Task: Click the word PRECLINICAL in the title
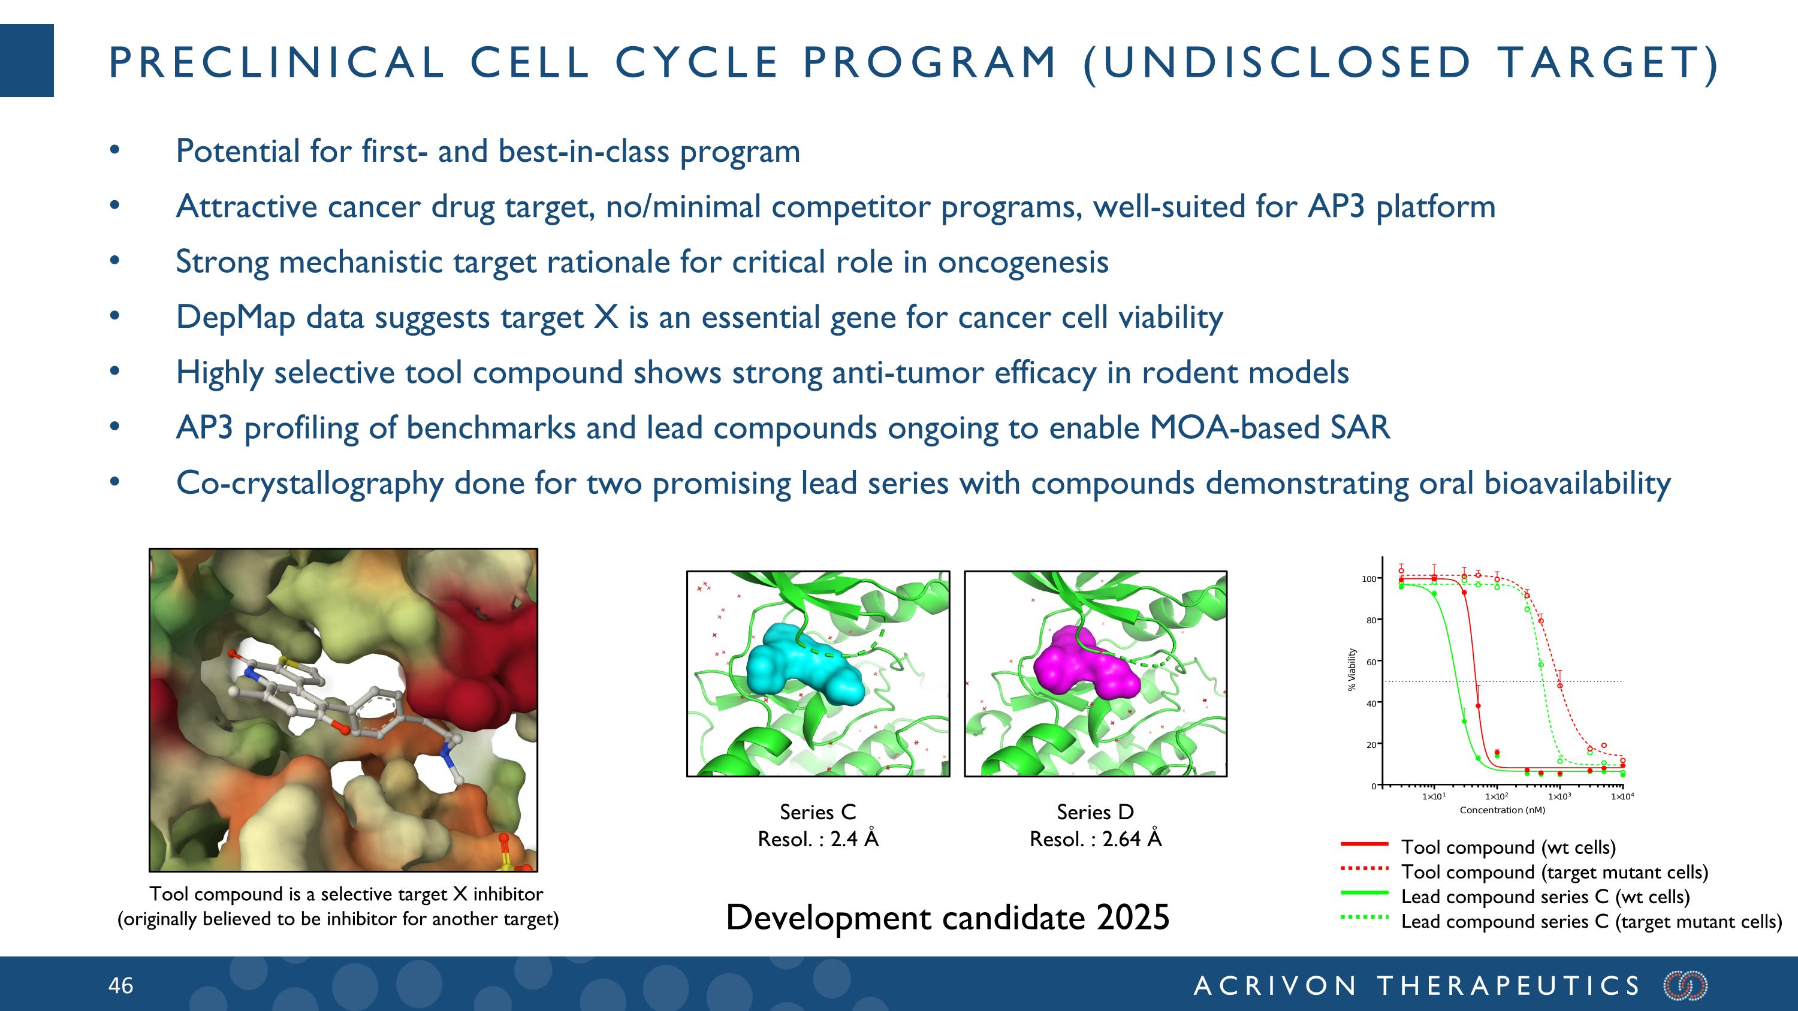[276, 63]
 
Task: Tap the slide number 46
[120, 985]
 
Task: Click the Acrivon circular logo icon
[1685, 985]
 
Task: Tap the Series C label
[817, 812]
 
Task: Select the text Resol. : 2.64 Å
[1095, 838]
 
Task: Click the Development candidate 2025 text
[947, 918]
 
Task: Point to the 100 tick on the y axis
[1369, 579]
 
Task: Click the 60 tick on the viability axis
[1371, 662]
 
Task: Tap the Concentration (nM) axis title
[1502, 810]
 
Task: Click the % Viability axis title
[1352, 670]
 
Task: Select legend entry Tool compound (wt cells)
[1509, 847]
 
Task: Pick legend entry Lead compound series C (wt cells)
[1544, 897]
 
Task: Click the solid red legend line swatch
[1365, 844]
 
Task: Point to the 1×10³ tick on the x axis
[1559, 796]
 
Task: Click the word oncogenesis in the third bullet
[1022, 262]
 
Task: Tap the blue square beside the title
[26, 60]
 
